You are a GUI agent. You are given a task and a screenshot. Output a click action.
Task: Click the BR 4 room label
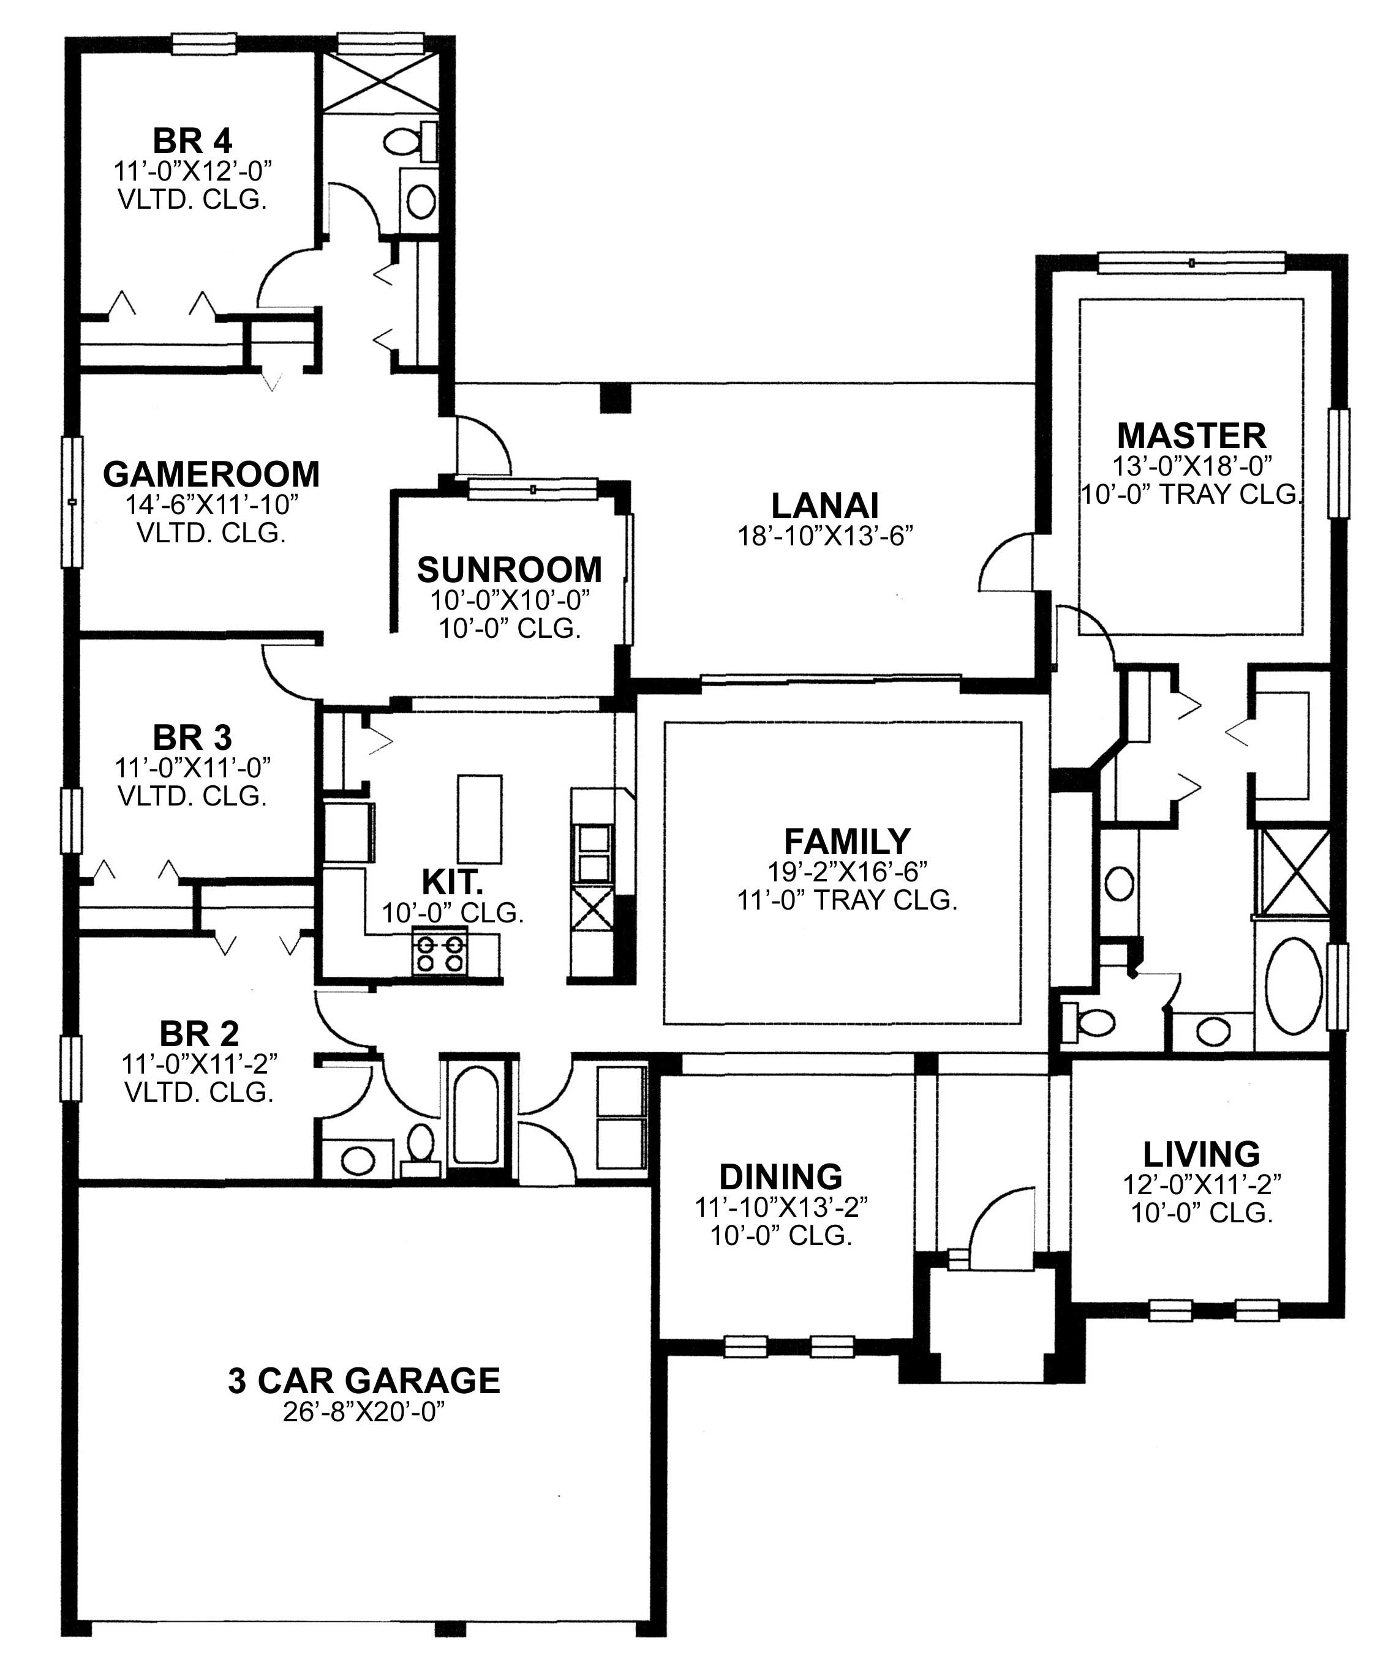(193, 141)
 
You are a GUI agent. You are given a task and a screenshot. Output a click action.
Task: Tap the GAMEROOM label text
(211, 474)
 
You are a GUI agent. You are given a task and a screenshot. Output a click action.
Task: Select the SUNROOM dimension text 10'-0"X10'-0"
(510, 599)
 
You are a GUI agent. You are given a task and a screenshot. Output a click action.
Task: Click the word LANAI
(825, 506)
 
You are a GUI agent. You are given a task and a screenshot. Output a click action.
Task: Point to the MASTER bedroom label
(1191, 436)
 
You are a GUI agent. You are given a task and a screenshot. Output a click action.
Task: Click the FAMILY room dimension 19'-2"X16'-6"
(847, 872)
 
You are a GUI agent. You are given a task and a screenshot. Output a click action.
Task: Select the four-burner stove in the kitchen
(440, 952)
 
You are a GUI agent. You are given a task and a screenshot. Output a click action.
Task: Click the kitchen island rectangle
(479, 819)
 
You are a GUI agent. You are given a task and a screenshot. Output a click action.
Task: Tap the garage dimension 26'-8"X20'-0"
(363, 1413)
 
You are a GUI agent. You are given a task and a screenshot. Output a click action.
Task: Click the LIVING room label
(1201, 1154)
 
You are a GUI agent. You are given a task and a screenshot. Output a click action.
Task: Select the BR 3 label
(193, 738)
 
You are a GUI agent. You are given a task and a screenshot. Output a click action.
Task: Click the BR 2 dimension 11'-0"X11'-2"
(199, 1063)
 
